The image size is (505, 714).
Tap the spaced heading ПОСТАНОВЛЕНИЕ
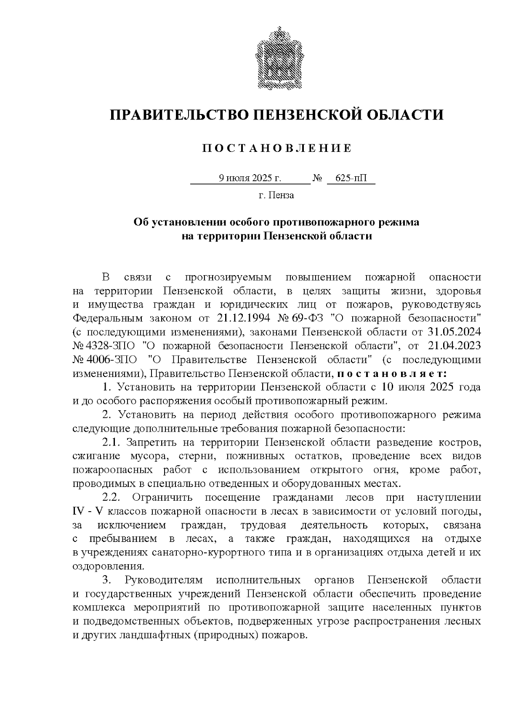(x=276, y=148)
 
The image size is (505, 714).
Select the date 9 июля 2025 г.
(x=250, y=178)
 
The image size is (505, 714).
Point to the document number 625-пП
(x=351, y=178)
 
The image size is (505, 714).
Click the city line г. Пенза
(x=276, y=195)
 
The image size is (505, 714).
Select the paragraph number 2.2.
(x=112, y=498)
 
